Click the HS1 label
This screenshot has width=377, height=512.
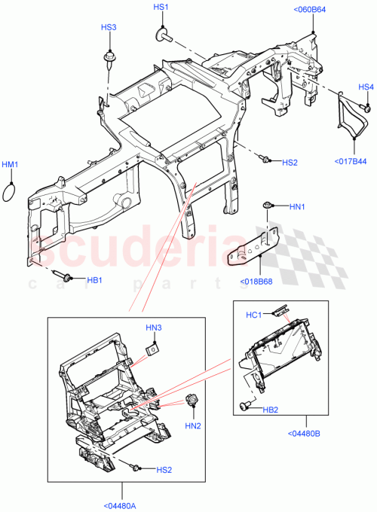click(161, 7)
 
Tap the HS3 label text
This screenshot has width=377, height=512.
click(109, 27)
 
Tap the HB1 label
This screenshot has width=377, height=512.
click(93, 280)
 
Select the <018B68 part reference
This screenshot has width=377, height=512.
click(255, 284)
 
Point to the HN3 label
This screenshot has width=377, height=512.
click(154, 328)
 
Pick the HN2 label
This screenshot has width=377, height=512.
click(194, 425)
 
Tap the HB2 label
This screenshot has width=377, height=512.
click(271, 410)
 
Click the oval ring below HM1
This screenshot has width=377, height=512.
click(8, 190)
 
